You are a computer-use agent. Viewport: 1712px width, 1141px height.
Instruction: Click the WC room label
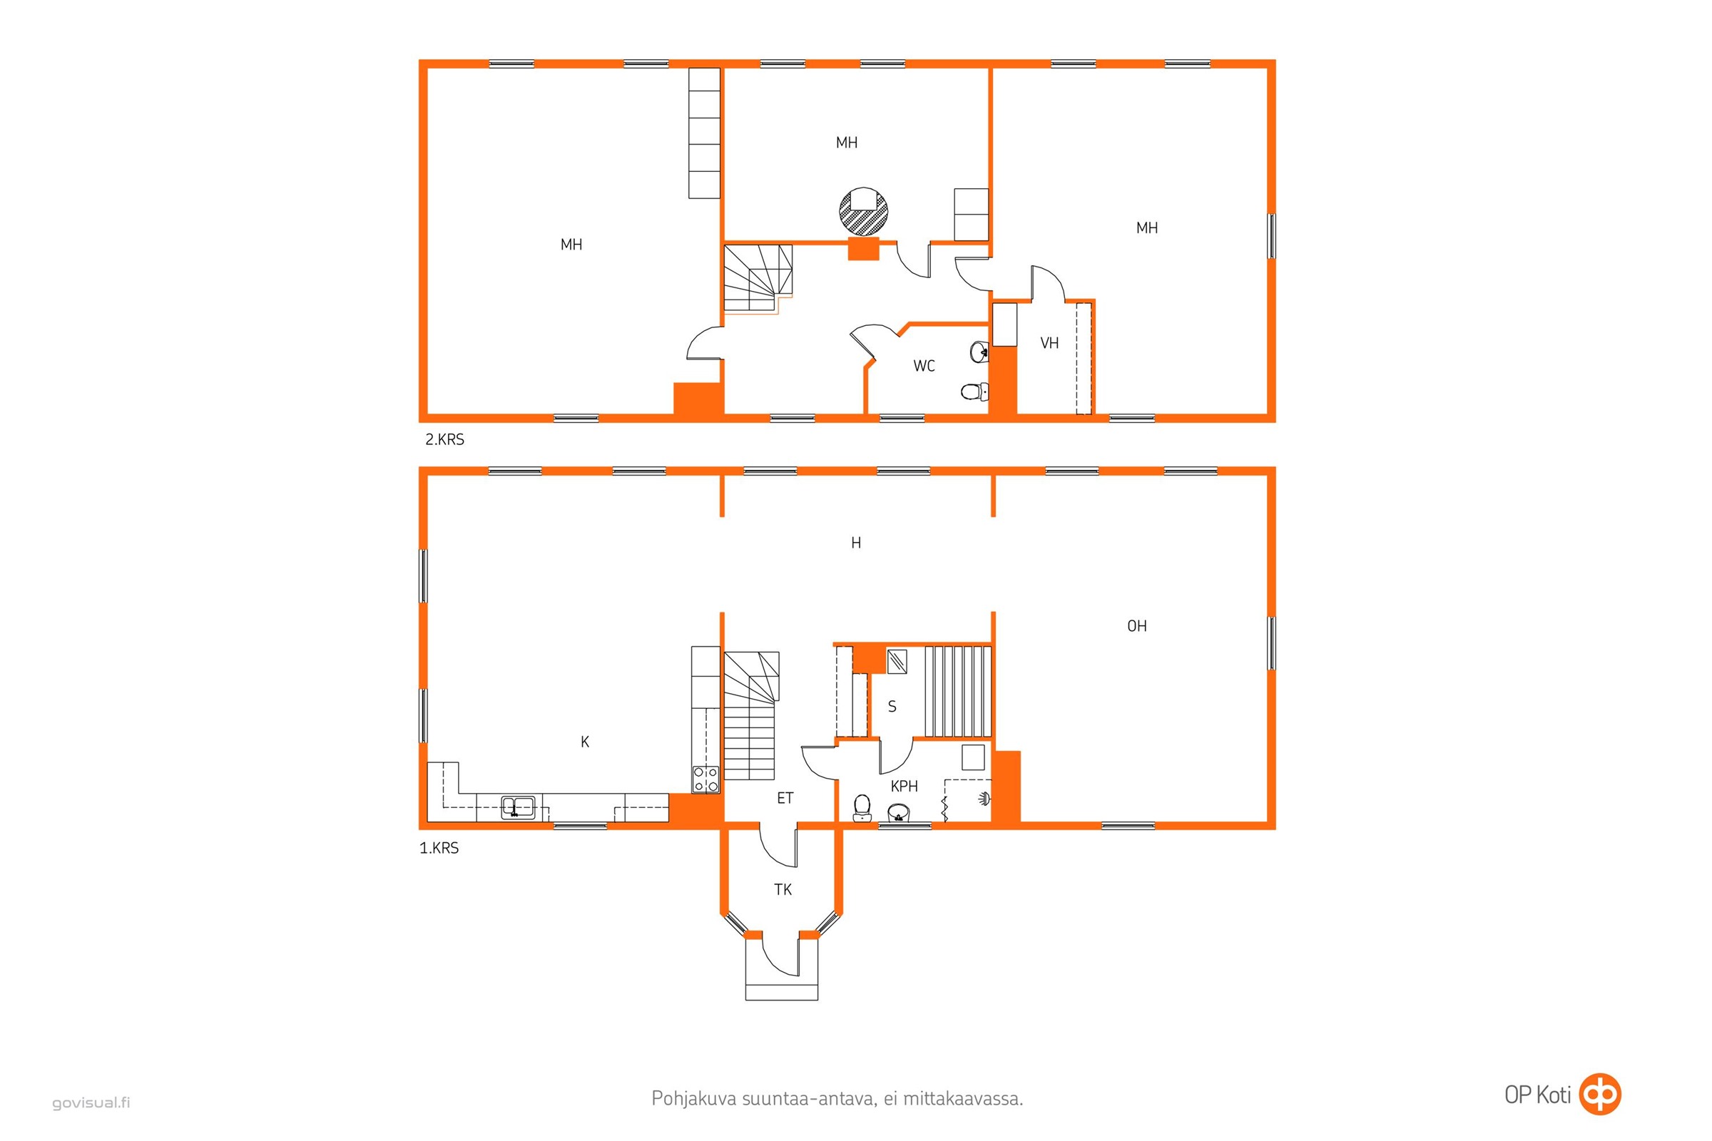point(924,366)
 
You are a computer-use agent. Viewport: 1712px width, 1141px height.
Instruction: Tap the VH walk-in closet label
point(1049,344)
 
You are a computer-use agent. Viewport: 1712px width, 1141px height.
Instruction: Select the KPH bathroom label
point(904,786)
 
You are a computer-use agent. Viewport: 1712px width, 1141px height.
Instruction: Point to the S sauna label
point(892,707)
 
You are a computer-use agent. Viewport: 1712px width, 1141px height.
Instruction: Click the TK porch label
point(783,889)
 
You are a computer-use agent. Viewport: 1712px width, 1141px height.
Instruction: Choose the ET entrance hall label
point(785,798)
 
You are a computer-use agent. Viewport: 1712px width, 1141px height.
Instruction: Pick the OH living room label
point(1136,626)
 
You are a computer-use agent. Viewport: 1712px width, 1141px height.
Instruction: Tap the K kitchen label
point(584,742)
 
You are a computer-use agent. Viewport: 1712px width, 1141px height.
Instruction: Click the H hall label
point(856,543)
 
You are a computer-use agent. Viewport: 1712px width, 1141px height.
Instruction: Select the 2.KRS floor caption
point(444,439)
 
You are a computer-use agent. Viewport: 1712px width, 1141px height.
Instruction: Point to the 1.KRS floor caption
point(439,848)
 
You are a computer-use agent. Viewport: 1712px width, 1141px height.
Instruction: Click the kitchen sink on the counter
point(518,807)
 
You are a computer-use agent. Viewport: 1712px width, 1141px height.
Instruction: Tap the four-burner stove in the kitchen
point(705,779)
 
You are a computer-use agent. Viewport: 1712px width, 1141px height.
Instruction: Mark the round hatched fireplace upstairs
point(863,212)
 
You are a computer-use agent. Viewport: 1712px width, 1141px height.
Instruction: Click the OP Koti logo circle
point(1600,1094)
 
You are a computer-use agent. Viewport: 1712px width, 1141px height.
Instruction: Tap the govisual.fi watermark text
point(91,1102)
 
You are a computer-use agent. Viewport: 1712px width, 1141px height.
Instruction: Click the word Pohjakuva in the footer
point(693,1098)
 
